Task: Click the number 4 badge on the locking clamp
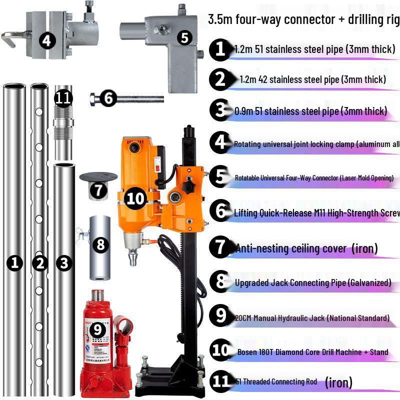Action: coord(47,40)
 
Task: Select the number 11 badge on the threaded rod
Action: coord(63,98)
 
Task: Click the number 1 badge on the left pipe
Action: coord(15,263)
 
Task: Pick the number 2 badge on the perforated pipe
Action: coord(39,263)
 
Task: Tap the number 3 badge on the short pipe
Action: coord(63,263)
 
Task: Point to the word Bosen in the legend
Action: coord(248,352)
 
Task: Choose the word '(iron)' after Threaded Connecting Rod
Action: coord(338,383)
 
